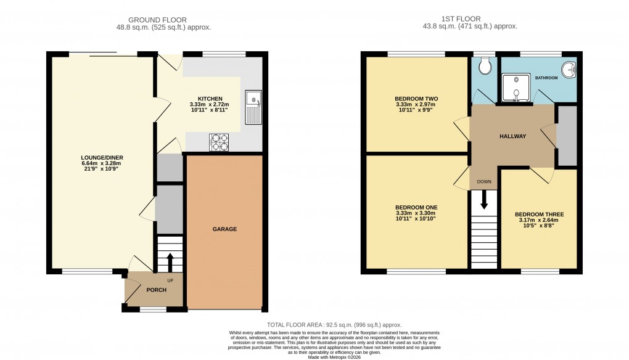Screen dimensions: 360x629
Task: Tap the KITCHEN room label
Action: point(210,99)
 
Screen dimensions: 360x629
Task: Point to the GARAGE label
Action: point(224,229)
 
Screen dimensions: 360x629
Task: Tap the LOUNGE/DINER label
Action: point(102,158)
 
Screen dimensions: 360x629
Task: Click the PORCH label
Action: point(156,290)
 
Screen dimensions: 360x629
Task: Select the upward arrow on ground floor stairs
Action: point(170,259)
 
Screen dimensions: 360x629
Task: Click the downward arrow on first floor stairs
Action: point(484,200)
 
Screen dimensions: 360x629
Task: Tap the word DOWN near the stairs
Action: point(484,182)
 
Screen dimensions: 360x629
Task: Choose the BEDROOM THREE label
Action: point(539,215)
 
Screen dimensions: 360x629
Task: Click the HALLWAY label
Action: point(512,136)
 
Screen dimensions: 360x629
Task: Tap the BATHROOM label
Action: point(546,78)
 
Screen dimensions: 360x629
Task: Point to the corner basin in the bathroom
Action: point(570,70)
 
